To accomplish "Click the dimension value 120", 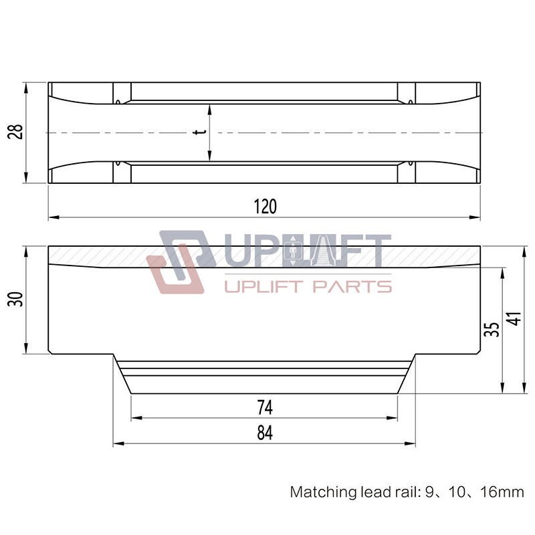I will [x=265, y=207].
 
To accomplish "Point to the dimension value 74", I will [x=265, y=407].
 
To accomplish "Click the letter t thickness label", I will [x=198, y=132].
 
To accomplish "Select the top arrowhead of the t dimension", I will [x=210, y=108].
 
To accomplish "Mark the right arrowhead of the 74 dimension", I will [x=395, y=417].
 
